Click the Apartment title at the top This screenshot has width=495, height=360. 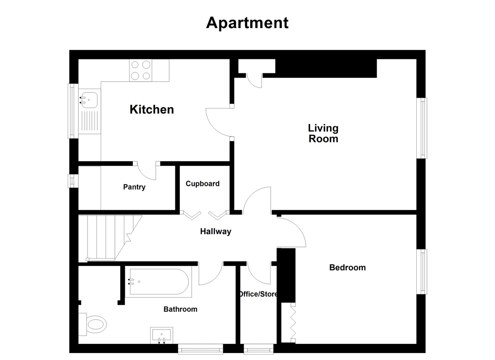click(247, 23)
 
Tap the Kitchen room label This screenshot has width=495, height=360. click(152, 109)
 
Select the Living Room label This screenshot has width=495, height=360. click(323, 133)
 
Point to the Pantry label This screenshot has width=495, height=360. click(134, 187)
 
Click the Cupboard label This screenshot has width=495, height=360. click(203, 184)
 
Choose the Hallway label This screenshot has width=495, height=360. click(216, 231)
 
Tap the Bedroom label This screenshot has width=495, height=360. click(347, 268)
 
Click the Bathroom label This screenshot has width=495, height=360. click(180, 309)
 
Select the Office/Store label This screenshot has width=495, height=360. click(258, 294)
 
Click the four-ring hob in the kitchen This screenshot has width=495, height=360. click(141, 70)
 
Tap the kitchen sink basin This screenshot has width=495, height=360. click(89, 100)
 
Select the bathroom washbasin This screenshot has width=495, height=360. click(162, 335)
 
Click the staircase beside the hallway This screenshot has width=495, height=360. click(110, 238)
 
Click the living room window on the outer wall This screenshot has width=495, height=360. click(422, 128)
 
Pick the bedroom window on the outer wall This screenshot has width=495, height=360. click(422, 272)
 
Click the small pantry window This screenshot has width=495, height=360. click(73, 181)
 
